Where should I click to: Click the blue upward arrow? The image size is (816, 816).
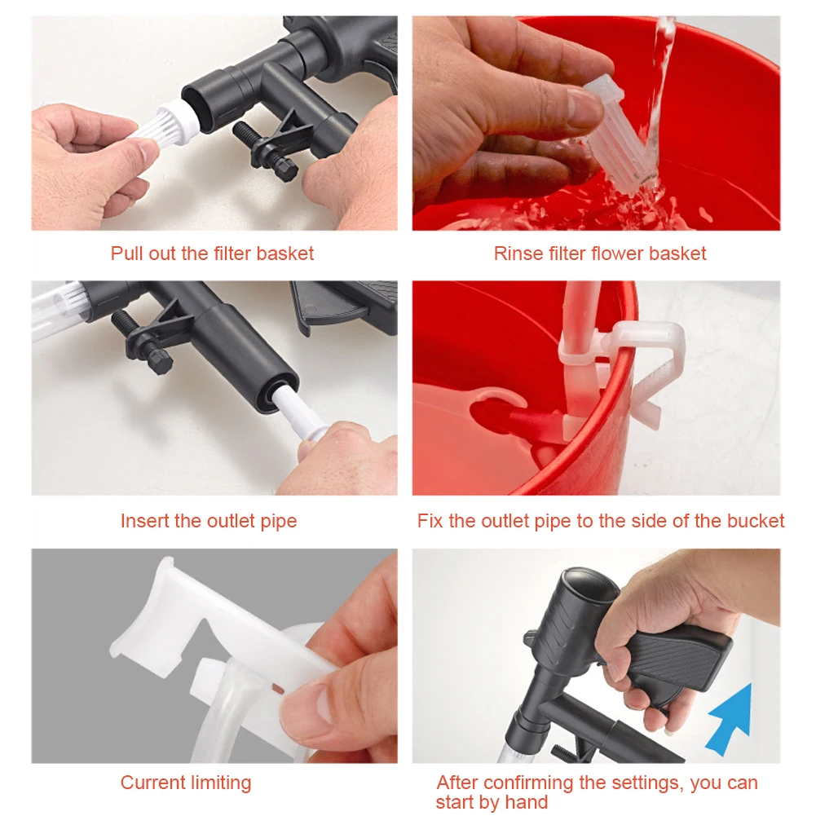[x=730, y=717]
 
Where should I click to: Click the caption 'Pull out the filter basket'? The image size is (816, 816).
[x=212, y=254]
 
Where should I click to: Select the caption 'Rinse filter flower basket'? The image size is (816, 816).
[x=600, y=254]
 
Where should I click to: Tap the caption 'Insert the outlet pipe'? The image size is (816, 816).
[x=209, y=521]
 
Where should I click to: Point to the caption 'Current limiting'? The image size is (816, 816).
[x=186, y=783]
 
